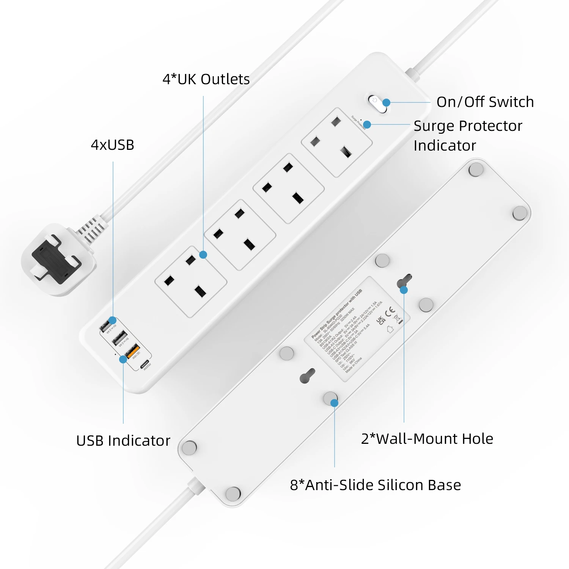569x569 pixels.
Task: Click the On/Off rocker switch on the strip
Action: click(377, 104)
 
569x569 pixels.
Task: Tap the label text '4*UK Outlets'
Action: click(206, 79)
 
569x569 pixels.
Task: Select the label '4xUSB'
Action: click(112, 145)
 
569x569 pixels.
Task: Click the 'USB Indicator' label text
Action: click(123, 441)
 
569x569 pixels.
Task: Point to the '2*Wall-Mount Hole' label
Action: click(427, 439)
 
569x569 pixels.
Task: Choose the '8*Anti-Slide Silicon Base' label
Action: click(375, 485)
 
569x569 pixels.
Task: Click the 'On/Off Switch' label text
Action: click(485, 102)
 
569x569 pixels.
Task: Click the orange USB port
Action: click(133, 351)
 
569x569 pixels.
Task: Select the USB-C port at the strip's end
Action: click(145, 365)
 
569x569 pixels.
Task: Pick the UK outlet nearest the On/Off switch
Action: click(336, 142)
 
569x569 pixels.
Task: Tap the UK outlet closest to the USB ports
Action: click(190, 281)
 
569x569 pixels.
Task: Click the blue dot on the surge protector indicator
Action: click(367, 124)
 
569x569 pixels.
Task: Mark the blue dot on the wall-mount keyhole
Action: click(404, 290)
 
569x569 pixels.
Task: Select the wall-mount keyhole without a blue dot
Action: click(307, 376)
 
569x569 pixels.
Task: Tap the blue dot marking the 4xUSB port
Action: click(112, 321)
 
